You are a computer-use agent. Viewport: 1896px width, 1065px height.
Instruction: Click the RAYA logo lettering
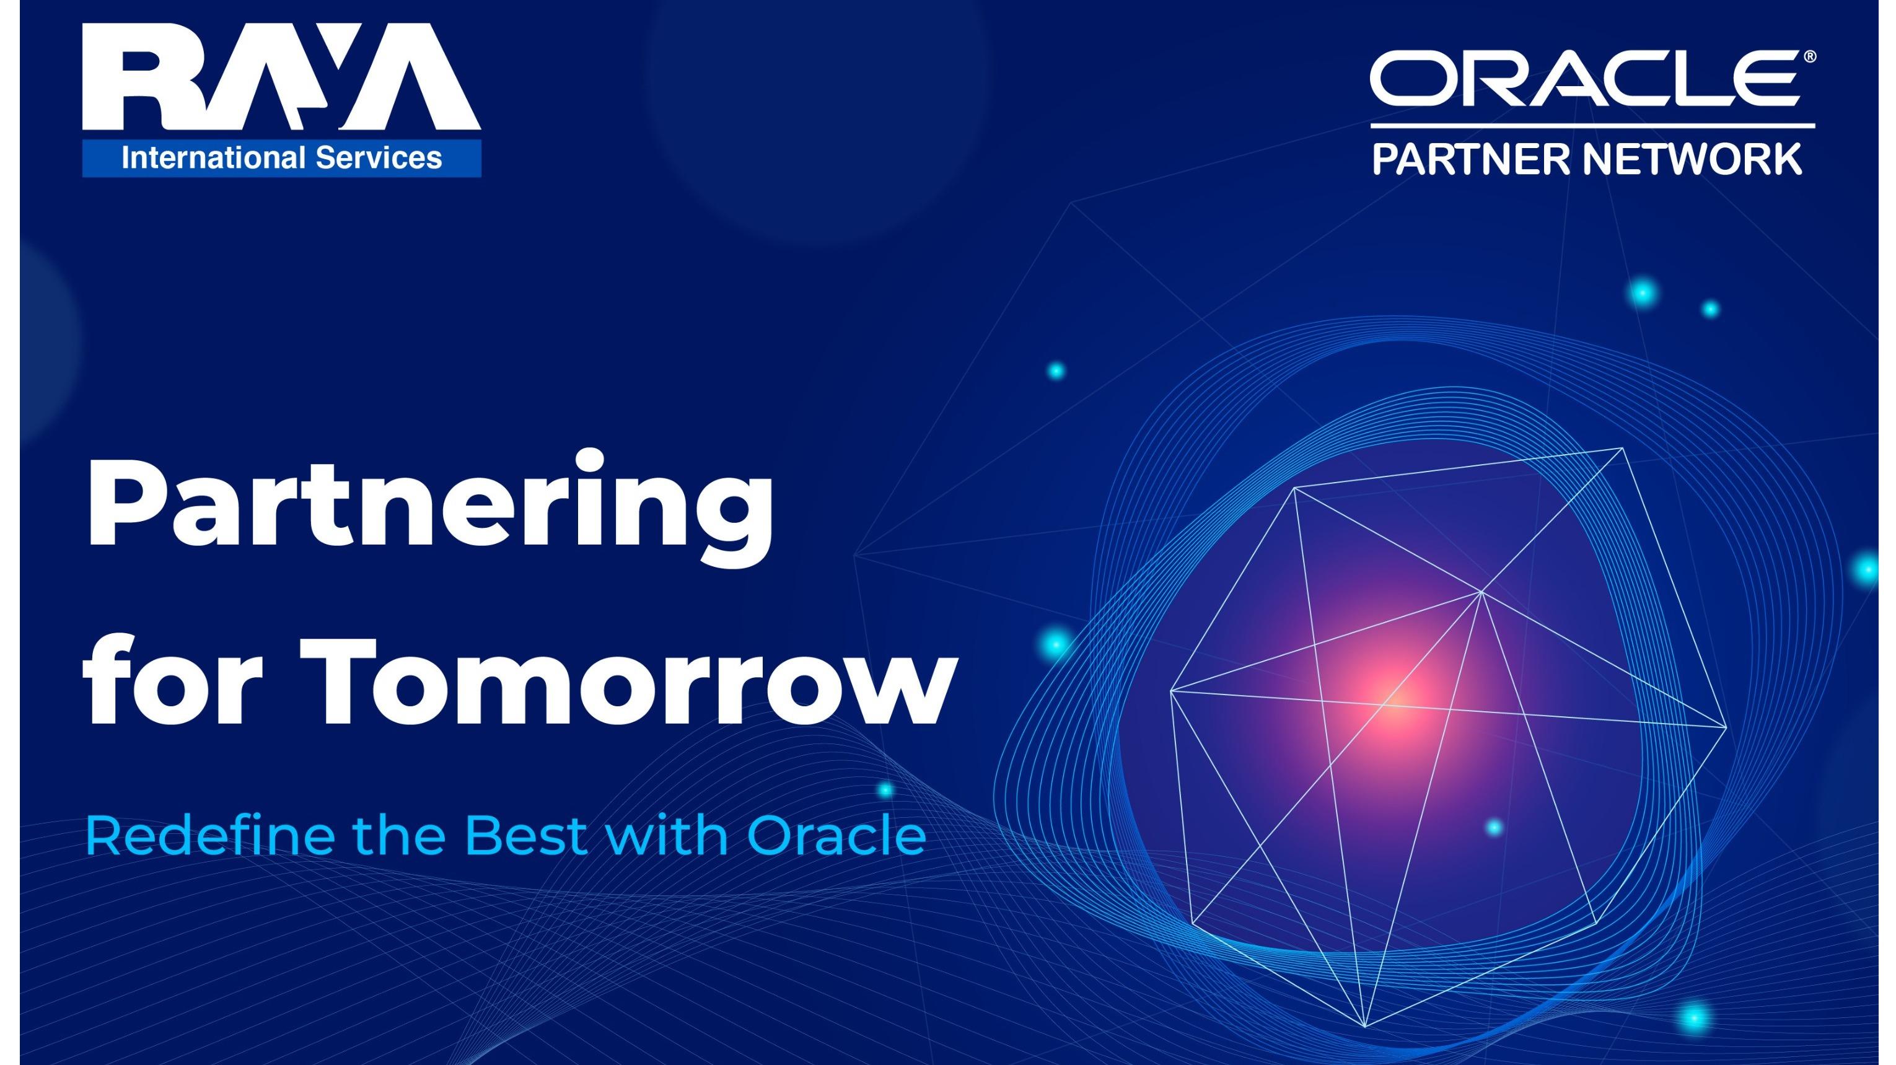(281, 77)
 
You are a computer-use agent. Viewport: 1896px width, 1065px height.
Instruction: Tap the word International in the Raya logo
(213, 158)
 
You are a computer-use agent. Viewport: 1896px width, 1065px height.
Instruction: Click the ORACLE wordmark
(1584, 78)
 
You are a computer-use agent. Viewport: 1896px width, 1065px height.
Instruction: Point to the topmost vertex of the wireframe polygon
(1622, 448)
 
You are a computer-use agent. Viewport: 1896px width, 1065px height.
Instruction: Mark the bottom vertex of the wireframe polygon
(1364, 1026)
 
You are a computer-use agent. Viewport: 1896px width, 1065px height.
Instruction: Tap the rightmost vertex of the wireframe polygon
(1726, 728)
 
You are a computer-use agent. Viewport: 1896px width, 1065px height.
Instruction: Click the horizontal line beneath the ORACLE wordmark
(1593, 126)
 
